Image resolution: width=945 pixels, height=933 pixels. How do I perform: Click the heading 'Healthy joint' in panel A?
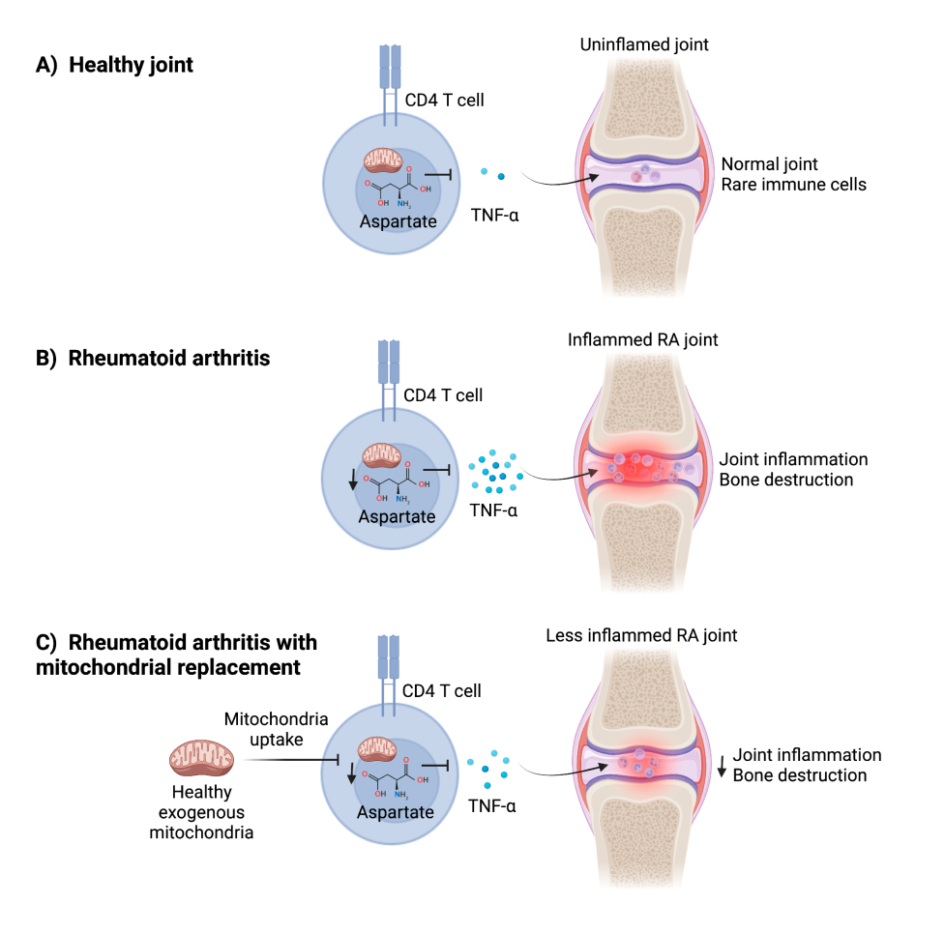pos(131,66)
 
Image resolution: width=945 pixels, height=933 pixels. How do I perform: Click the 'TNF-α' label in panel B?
pos(493,510)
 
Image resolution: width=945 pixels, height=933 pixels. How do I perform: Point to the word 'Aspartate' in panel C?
pos(396,811)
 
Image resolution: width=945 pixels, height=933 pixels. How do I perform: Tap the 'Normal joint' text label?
pos(769,164)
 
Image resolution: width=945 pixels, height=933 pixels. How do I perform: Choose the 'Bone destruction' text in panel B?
pos(784,481)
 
